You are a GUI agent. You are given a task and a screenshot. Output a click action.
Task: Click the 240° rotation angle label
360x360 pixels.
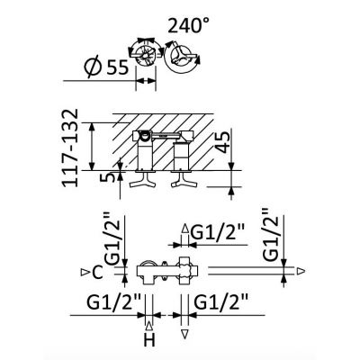pos(188,26)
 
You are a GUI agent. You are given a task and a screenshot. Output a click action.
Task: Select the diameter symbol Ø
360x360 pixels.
pos(93,67)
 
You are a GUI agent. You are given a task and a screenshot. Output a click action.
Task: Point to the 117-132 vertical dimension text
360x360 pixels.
pos(71,148)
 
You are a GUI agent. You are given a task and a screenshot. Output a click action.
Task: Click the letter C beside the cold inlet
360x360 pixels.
pos(98,273)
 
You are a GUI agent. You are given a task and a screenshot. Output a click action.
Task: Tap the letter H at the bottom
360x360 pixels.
pos(149,340)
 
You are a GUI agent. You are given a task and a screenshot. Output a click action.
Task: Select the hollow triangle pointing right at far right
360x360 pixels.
pos(301,271)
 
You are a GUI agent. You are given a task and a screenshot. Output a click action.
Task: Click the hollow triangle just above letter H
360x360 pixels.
pos(149,326)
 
